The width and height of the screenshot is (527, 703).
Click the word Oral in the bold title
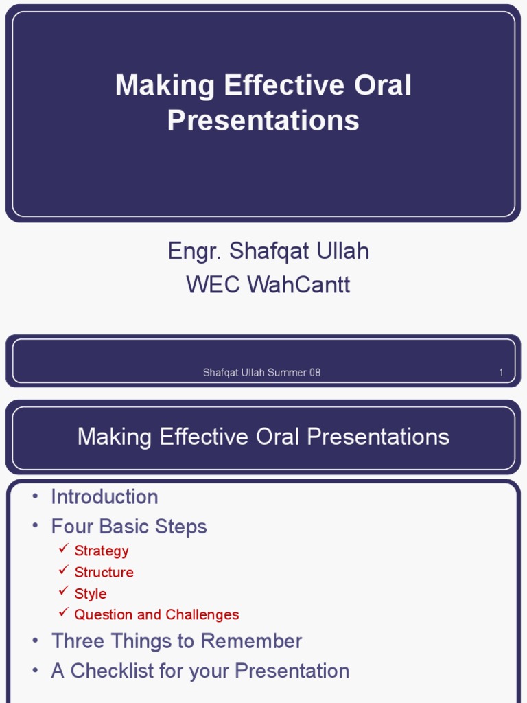383,85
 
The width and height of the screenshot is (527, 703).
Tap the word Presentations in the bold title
263,120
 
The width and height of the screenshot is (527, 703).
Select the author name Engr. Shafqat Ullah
268,251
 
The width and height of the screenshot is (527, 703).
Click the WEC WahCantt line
268,284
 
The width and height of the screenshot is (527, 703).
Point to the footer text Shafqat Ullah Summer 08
261,373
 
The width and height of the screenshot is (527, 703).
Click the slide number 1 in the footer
501,373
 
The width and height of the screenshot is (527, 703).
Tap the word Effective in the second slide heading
204,436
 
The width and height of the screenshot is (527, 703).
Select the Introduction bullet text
104,497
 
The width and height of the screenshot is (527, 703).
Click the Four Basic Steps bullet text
129,527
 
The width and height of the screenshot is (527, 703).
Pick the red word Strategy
102,551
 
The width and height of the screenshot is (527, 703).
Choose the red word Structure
104,572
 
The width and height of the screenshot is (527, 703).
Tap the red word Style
91,594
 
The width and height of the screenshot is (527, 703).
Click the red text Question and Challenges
157,614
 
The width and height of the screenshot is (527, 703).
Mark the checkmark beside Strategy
64,548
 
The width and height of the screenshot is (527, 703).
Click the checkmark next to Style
64,591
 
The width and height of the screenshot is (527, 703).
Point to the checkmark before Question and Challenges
64,612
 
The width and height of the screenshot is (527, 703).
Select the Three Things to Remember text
176,641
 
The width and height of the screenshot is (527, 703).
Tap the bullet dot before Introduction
36,496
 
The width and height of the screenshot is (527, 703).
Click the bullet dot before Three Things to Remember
36,641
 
